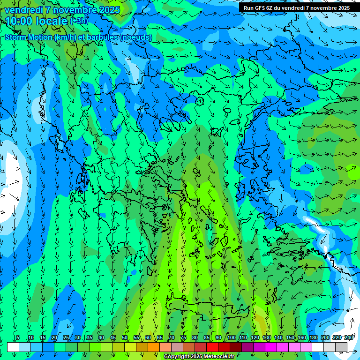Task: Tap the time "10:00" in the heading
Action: tap(19, 21)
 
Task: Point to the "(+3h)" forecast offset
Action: tap(78, 21)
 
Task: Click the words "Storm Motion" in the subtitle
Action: tap(29, 37)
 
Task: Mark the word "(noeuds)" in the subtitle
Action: tap(135, 37)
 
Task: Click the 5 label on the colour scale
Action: tap(18, 338)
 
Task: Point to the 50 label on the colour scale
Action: tap(125, 338)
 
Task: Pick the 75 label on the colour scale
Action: tap(183, 338)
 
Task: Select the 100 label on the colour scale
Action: tap(231, 338)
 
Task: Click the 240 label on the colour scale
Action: tap(348, 338)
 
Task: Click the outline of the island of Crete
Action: tap(206, 309)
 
